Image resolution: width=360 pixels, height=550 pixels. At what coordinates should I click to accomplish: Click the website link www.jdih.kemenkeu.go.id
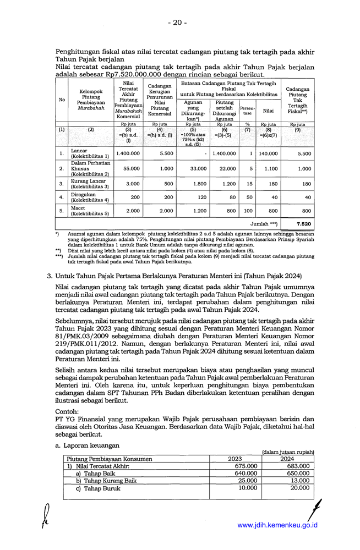pyautogui.click(x=277, y=525)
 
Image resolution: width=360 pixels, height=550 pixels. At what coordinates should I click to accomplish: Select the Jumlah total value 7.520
pyautogui.click(x=303, y=224)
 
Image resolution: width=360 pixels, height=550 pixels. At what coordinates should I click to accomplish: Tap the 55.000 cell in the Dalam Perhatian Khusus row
pyautogui.click(x=131, y=169)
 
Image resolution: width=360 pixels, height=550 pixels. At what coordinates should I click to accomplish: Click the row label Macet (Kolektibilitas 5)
pyautogui.click(x=90, y=211)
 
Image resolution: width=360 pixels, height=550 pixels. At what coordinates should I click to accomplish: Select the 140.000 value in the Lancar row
pyautogui.click(x=268, y=154)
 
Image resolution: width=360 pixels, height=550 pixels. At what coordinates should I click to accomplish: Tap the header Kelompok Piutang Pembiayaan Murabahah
pyautogui.click(x=90, y=99)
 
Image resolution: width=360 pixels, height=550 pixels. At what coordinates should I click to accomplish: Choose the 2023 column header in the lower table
pyautogui.click(x=234, y=459)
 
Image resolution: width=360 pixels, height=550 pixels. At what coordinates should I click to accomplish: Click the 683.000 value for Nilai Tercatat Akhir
pyautogui.click(x=298, y=466)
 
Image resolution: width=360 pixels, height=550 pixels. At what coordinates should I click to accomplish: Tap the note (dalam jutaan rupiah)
pyautogui.click(x=288, y=452)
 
